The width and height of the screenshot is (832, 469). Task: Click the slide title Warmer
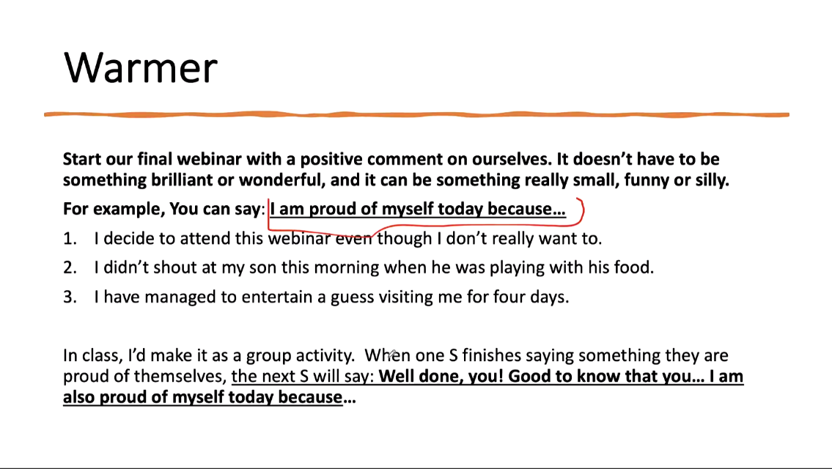tap(141, 67)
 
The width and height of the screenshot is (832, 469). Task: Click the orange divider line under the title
tap(416, 114)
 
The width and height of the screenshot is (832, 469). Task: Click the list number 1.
tap(70, 239)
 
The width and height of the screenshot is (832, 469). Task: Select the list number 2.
tap(70, 267)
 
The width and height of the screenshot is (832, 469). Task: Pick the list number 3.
tap(70, 297)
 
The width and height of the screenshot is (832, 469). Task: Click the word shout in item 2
tap(174, 267)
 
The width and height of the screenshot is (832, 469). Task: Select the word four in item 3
tap(509, 297)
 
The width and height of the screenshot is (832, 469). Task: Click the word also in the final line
tap(79, 397)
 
